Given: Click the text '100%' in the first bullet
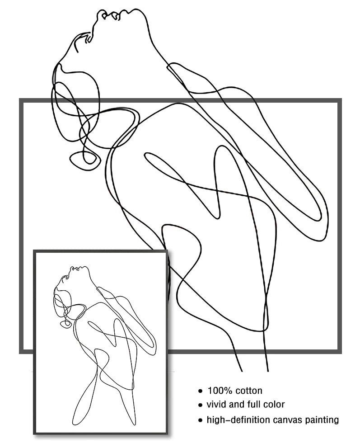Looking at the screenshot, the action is tap(219, 391).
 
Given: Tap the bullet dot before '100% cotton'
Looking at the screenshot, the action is tap(201, 391).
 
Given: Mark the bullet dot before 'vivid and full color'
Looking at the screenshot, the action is tap(201, 405).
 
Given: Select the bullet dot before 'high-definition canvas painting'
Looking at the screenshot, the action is tap(201, 420).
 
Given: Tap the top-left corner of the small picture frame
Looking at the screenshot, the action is tap(34, 250).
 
